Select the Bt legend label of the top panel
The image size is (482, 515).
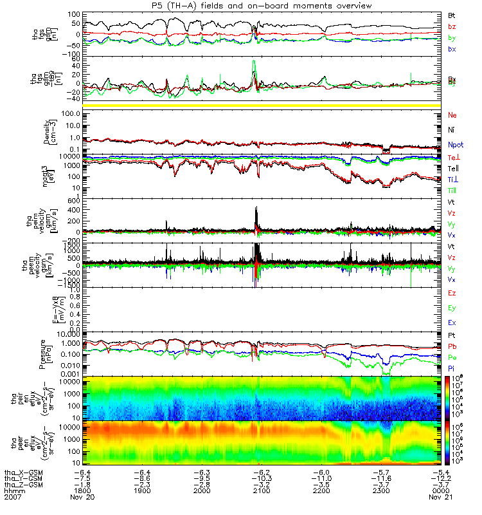coord(452,15)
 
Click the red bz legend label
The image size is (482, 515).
coord(452,26)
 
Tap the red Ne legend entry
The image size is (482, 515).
coord(452,115)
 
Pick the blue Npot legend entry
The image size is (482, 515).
coord(455,145)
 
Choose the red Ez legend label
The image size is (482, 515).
coord(452,294)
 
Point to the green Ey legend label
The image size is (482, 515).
coord(452,308)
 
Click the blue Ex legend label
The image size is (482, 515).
coord(452,323)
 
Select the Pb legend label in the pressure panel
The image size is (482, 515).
coord(452,346)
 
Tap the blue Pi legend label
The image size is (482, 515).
coord(452,368)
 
